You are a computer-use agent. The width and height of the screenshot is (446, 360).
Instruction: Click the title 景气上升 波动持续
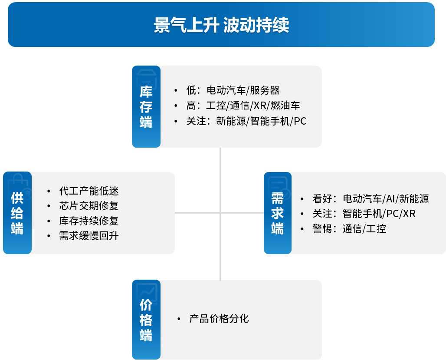(x=221, y=25)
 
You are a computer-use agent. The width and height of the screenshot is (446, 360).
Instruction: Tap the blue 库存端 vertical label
(x=146, y=107)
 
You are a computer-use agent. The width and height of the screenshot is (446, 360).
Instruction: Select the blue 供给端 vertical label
(x=17, y=213)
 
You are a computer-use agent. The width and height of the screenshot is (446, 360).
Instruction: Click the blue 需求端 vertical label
(x=277, y=213)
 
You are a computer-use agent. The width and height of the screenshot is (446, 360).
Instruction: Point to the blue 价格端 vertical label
(x=146, y=320)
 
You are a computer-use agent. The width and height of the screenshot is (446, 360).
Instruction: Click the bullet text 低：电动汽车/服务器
(x=233, y=90)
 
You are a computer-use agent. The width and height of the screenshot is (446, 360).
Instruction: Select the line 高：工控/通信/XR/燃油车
(x=243, y=106)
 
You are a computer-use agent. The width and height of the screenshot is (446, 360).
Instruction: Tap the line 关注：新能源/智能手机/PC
(x=246, y=121)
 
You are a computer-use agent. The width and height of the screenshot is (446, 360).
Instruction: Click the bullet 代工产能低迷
(x=89, y=191)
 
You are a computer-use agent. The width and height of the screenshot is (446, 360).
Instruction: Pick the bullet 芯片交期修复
(x=89, y=206)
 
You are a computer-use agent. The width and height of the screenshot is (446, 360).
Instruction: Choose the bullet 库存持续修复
(x=89, y=221)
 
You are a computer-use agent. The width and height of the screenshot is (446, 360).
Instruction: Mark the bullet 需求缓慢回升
(x=89, y=236)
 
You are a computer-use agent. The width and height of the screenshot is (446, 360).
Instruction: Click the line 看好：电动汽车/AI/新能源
(x=371, y=198)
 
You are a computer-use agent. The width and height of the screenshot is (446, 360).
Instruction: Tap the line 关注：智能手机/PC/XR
(x=364, y=214)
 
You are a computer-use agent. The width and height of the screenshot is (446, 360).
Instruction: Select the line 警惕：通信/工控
(x=349, y=229)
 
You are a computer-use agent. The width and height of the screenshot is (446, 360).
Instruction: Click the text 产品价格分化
(x=219, y=319)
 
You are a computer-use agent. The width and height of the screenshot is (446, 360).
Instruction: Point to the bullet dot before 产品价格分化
(x=179, y=319)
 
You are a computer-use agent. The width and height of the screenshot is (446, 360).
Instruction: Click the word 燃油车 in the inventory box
(x=285, y=106)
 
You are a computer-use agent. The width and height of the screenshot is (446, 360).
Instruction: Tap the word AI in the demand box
(x=390, y=198)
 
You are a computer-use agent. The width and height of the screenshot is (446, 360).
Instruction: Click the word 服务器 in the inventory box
(x=265, y=90)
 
